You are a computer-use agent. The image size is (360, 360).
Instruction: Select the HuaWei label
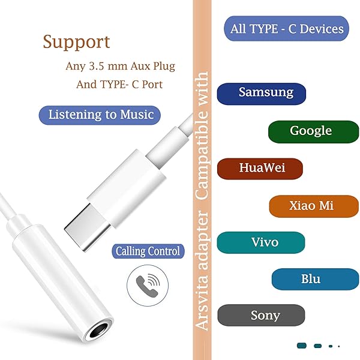[x=260, y=168]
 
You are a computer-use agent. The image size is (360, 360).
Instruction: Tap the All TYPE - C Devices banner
[x=287, y=28]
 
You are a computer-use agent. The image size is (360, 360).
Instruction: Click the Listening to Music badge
[x=101, y=115]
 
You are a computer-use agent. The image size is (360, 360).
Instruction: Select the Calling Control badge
[x=148, y=251]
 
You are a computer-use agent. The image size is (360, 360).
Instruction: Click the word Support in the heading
[x=76, y=42]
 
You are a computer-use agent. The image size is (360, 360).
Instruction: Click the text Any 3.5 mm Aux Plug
[x=120, y=65]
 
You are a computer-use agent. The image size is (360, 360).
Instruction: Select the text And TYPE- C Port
[x=119, y=85]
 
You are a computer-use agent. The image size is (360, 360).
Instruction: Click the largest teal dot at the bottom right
[x=302, y=346]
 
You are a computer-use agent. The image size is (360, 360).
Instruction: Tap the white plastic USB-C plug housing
[x=127, y=180]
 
